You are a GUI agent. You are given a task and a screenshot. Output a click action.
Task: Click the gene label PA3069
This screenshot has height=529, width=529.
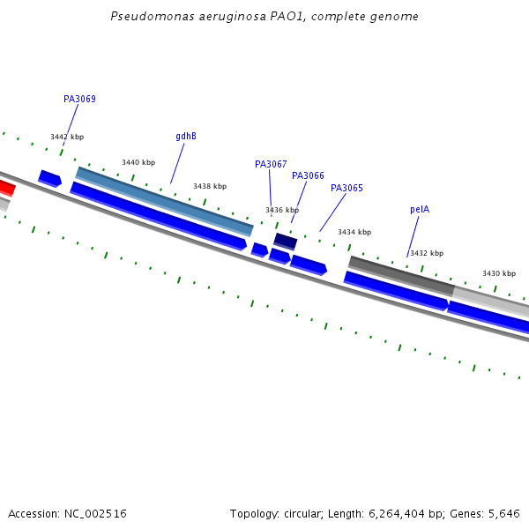click(79, 100)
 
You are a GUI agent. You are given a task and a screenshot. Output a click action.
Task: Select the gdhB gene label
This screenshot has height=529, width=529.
click(186, 137)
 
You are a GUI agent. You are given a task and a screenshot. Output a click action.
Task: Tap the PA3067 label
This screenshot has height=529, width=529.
click(271, 165)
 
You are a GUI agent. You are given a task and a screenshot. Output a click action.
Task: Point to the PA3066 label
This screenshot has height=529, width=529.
click(308, 176)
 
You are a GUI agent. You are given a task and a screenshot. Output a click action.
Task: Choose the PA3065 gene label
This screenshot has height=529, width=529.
click(346, 189)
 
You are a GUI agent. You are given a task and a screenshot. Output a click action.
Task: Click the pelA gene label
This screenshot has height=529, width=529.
click(420, 210)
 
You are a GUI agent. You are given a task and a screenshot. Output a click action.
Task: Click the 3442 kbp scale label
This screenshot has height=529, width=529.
click(67, 138)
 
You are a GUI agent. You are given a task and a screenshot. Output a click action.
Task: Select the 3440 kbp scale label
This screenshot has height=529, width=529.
click(138, 163)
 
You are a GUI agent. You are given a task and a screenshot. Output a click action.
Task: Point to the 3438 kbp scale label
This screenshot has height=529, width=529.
click(210, 187)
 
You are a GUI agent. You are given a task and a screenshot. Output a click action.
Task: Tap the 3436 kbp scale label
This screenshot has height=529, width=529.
click(282, 211)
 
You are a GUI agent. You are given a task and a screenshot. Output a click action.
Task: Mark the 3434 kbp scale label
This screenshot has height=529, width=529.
click(354, 233)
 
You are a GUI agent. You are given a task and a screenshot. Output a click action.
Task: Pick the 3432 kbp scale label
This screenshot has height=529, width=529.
click(427, 254)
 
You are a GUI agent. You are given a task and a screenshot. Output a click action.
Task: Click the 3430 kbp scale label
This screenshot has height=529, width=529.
click(499, 274)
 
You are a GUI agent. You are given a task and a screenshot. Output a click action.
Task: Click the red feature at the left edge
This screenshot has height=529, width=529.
click(5, 187)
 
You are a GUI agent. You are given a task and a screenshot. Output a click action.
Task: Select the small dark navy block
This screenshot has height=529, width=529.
click(285, 241)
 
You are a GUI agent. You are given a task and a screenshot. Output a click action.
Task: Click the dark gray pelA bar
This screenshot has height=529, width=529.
click(401, 275)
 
